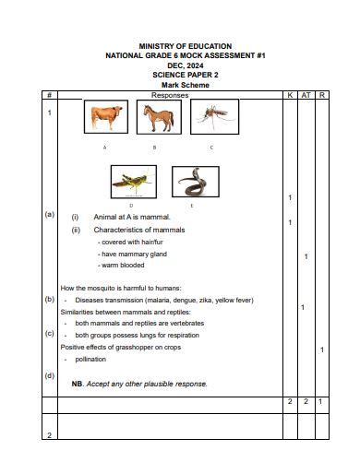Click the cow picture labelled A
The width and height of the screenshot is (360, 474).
pos(105,118)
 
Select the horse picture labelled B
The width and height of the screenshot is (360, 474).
pos(155,117)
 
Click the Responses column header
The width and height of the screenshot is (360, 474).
pos(169,94)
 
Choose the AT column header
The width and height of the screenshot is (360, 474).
pos(306,94)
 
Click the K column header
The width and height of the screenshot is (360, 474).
pos(290,94)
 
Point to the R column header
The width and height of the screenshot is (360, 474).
pos(321,94)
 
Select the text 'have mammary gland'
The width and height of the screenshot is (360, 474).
pos(134,254)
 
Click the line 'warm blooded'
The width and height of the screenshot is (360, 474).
pos(123,265)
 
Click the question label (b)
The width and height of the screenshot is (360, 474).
pos(49,299)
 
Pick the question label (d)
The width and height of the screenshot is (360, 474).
pos(49,375)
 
